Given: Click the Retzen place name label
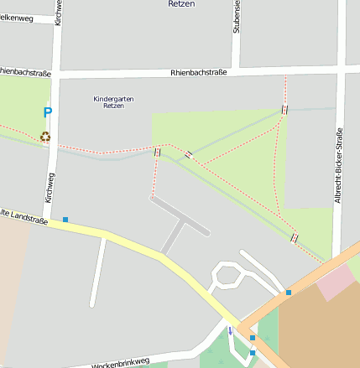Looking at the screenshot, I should [181, 4].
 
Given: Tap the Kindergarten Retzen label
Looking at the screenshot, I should [113, 102].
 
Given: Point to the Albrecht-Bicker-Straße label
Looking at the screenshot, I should [339, 165].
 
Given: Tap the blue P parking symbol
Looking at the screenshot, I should [48, 112].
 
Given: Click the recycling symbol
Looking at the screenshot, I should [45, 136].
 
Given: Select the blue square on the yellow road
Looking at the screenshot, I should [65, 220].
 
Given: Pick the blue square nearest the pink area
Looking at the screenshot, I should [289, 293].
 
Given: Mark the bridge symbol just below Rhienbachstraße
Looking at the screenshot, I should [285, 110].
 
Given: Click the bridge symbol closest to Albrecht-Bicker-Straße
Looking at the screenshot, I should [295, 237].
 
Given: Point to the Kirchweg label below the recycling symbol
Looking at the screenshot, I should [51, 188].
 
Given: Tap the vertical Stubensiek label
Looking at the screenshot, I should [237, 17].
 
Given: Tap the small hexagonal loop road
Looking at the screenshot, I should [227, 275].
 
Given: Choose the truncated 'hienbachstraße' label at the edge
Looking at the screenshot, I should [25, 73].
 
